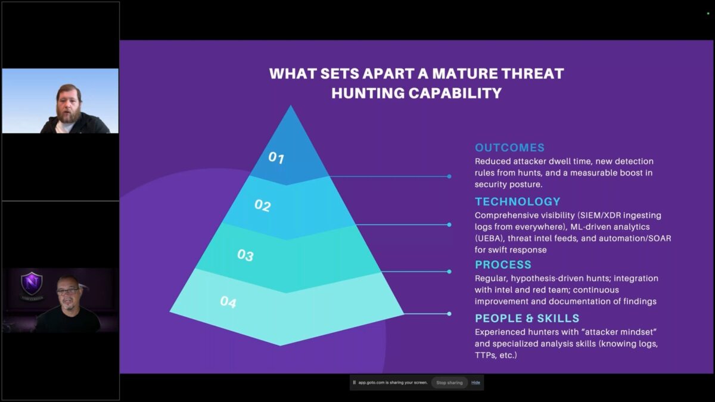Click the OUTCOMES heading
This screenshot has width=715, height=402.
click(510, 148)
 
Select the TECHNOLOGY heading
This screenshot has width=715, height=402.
click(517, 202)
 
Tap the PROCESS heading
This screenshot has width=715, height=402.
click(503, 265)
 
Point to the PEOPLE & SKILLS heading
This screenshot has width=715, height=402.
click(527, 319)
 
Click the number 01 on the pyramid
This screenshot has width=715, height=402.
click(276, 158)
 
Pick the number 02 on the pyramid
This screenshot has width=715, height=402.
click(263, 205)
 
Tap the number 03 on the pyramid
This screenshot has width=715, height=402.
click(245, 255)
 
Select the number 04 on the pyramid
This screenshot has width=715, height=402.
click(228, 302)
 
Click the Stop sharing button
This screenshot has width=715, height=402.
click(449, 382)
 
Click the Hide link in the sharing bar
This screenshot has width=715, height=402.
click(475, 382)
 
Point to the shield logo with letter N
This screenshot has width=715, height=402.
click(31, 283)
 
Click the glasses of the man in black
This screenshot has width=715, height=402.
click(68, 291)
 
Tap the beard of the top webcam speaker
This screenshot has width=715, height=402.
click(69, 116)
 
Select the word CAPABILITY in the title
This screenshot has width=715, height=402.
click(455, 94)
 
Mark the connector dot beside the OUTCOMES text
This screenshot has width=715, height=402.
click(449, 176)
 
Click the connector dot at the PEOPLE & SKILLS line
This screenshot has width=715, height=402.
click(449, 314)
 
